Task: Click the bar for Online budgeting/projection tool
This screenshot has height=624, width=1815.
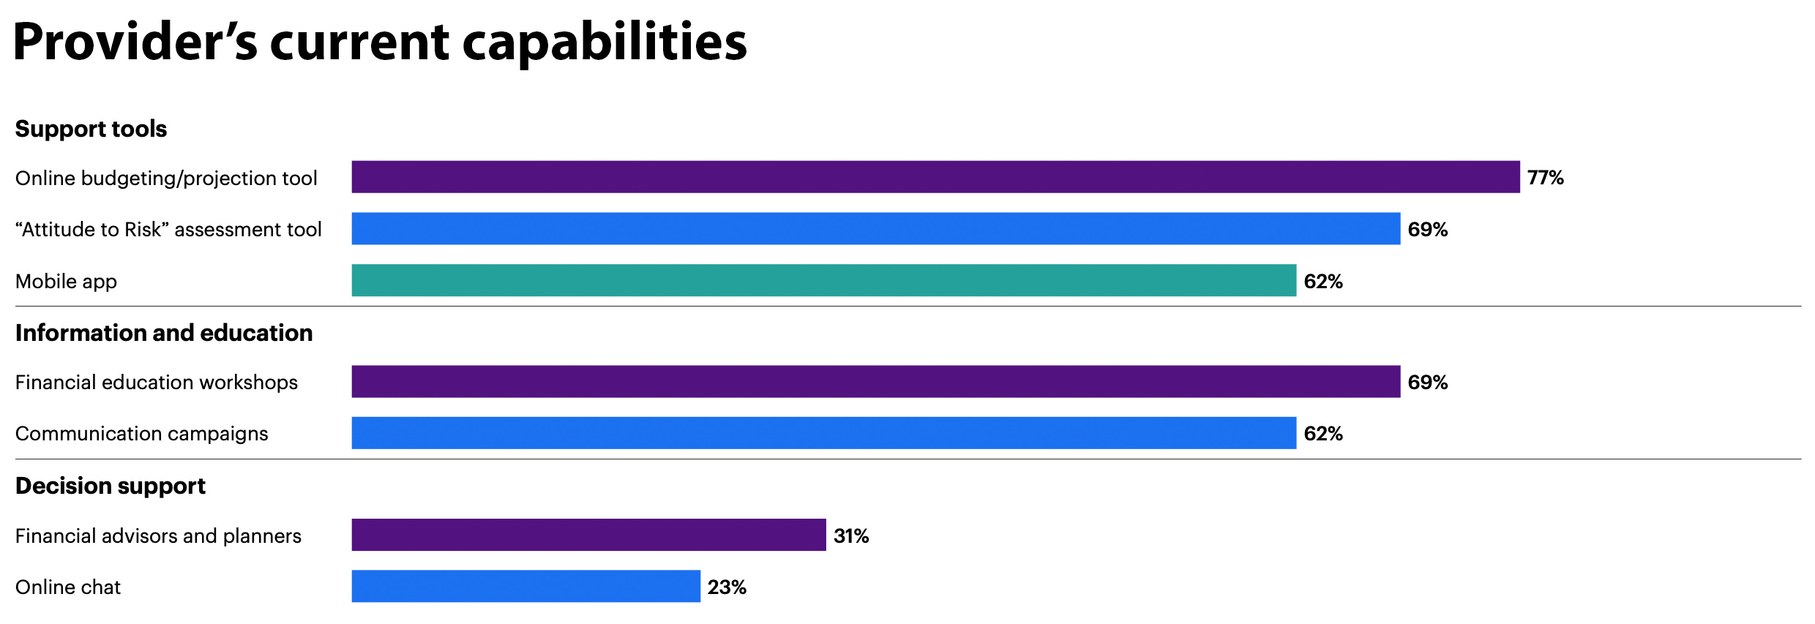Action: tap(935, 177)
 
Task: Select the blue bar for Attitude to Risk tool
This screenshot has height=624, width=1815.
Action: tap(875, 229)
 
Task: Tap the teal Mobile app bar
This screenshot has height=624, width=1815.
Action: tap(823, 280)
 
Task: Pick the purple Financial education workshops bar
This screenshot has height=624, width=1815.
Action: tap(875, 382)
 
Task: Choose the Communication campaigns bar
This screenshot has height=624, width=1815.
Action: tap(823, 433)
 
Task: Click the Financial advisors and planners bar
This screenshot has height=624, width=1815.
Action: tap(588, 535)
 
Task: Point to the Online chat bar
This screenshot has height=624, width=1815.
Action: tap(525, 587)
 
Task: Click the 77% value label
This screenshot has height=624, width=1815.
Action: tap(1545, 178)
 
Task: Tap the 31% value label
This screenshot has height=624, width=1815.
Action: tap(851, 536)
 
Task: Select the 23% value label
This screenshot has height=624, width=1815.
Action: tap(727, 587)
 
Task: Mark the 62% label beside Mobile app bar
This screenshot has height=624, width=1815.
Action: tap(1323, 282)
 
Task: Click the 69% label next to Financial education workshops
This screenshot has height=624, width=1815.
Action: tap(1427, 383)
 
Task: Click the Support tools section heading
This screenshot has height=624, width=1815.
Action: tap(91, 129)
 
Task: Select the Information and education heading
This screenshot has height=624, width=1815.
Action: tap(164, 333)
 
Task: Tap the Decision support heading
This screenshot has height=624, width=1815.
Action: tap(111, 486)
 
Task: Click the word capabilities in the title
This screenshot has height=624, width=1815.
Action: tap(605, 42)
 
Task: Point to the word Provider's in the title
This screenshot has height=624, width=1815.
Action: tap(135, 42)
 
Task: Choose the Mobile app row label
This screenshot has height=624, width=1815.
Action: tap(66, 282)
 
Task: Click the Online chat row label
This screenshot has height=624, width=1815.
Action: tap(68, 587)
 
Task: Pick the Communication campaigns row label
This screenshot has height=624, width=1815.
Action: tap(141, 434)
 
